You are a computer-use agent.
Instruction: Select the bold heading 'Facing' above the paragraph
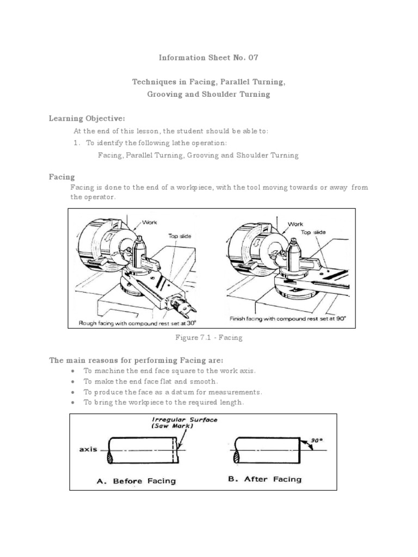click(x=62, y=177)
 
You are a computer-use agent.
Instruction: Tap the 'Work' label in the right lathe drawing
click(x=295, y=224)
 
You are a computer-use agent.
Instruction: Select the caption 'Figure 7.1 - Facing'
click(x=208, y=338)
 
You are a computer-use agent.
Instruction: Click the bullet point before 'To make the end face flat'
click(x=73, y=381)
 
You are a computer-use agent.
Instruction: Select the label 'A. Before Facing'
click(x=137, y=481)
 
